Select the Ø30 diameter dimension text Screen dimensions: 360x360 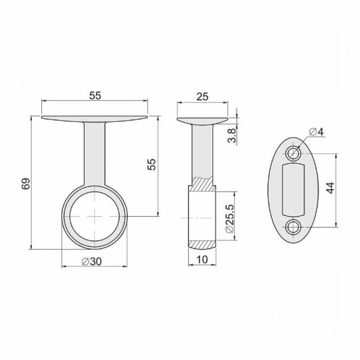tap(92, 262)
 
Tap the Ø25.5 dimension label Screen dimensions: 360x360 tap(229, 218)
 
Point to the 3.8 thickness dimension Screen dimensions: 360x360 tap(232, 136)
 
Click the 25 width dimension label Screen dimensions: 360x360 tap(202, 97)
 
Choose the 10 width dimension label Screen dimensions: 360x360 tap(202, 259)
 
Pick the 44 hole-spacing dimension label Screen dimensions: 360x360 tap(330, 188)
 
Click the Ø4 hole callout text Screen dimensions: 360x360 tap(316, 132)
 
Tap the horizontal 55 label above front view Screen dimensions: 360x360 tap(95, 96)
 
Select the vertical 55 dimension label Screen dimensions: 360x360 tap(151, 164)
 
